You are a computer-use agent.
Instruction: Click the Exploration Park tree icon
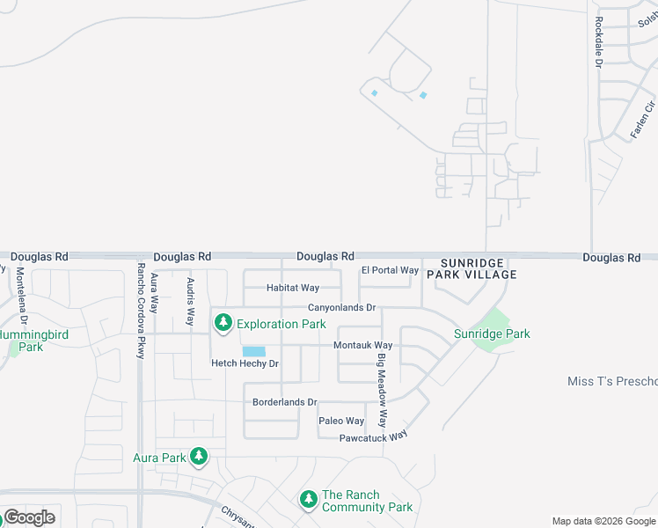click(x=224, y=323)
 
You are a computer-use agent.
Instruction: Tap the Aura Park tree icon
click(x=200, y=456)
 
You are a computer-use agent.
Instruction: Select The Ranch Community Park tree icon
click(x=308, y=500)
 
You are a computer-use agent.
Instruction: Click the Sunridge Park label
click(x=492, y=334)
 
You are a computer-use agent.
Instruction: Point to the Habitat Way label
click(x=293, y=288)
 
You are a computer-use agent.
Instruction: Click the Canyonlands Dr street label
click(x=341, y=308)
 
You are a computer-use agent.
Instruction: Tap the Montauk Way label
click(x=362, y=346)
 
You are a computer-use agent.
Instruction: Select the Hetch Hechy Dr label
click(x=245, y=363)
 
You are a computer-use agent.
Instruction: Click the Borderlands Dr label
click(x=284, y=402)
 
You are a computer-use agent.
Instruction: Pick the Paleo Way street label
click(x=341, y=422)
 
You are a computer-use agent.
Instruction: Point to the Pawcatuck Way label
click(x=374, y=436)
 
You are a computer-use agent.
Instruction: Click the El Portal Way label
click(x=390, y=270)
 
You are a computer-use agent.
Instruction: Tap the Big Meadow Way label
click(x=383, y=390)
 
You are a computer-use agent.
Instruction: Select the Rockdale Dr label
click(x=598, y=43)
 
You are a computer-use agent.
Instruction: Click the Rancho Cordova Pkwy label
click(x=140, y=310)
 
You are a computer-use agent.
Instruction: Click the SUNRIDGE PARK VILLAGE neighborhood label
click(x=472, y=268)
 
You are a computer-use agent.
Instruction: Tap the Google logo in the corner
click(x=28, y=517)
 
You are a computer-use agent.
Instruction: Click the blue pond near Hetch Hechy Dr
click(x=253, y=351)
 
